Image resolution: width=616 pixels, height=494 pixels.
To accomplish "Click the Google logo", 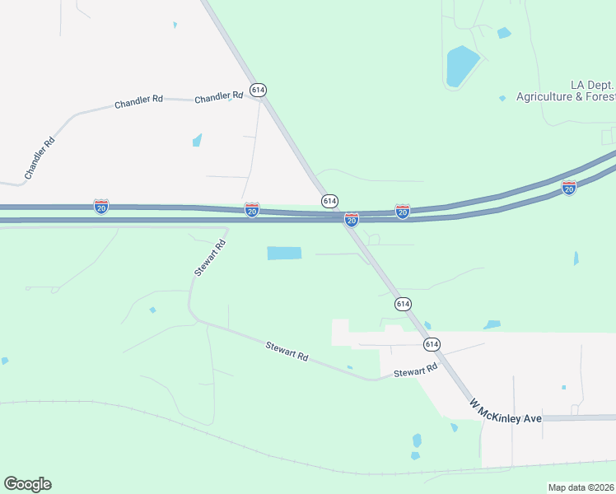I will click(27, 484).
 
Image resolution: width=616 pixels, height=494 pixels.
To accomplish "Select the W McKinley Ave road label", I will click(506, 412).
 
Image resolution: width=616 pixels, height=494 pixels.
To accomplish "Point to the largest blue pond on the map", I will click(461, 66).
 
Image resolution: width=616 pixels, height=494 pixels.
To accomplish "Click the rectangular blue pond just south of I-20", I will click(284, 254).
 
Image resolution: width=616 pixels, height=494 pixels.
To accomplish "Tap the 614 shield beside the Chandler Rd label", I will click(259, 90).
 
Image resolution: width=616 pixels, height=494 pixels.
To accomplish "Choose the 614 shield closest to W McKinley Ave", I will click(432, 343).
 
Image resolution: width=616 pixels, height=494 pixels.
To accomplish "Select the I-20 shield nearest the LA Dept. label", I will click(568, 188).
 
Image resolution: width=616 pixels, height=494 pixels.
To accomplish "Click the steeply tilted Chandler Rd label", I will click(40, 158).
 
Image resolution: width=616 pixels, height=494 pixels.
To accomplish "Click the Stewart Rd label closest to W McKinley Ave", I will click(414, 372).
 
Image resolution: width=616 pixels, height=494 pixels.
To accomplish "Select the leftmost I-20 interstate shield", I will click(101, 206).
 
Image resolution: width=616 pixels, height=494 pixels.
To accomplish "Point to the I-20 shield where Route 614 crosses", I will click(352, 220).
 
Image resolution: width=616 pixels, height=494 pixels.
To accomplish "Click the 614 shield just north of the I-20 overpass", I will click(329, 201).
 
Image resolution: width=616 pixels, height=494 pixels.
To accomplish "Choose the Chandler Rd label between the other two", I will click(138, 102).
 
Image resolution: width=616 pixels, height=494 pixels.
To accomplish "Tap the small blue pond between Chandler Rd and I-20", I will click(197, 140).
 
